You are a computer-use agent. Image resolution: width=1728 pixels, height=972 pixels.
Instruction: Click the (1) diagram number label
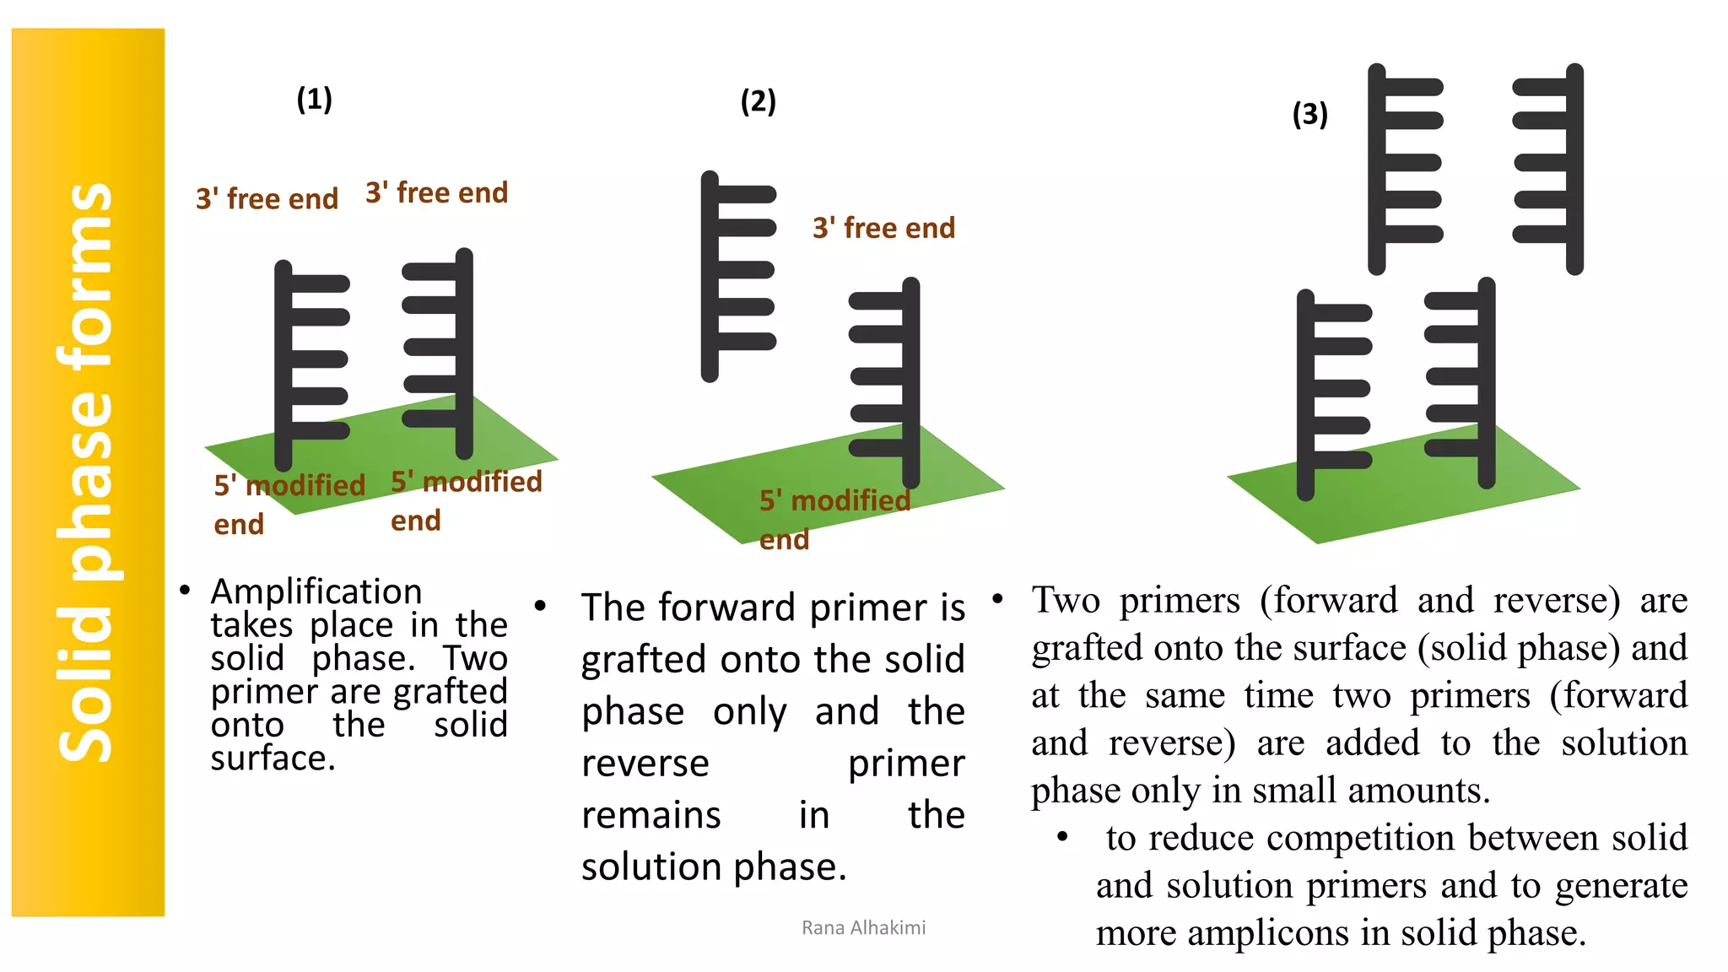[x=314, y=100]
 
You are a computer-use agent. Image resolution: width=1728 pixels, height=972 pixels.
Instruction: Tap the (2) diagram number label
[x=758, y=101]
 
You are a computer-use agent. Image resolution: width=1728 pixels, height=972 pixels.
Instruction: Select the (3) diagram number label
[x=1309, y=114]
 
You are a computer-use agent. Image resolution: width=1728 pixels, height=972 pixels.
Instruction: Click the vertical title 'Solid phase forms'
[x=86, y=472]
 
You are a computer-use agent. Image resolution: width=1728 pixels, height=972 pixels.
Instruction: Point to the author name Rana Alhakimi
[x=863, y=927]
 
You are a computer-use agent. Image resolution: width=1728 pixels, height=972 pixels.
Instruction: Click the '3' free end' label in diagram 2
[x=883, y=228]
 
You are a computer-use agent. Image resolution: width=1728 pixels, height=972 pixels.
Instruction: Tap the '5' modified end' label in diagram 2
[x=834, y=517]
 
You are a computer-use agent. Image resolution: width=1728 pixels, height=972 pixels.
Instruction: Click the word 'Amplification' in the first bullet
[x=316, y=591]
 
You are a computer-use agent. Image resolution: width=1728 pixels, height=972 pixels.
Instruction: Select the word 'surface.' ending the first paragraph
[x=273, y=758]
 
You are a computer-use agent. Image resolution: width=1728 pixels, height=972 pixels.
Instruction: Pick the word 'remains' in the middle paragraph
[x=651, y=815]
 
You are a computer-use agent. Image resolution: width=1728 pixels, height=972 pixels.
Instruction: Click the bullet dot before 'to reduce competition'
[x=1063, y=837]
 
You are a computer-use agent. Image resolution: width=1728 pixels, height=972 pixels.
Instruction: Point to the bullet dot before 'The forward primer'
[x=541, y=606]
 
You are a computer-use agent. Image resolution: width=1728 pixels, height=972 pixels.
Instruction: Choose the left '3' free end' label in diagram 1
[x=267, y=199]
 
